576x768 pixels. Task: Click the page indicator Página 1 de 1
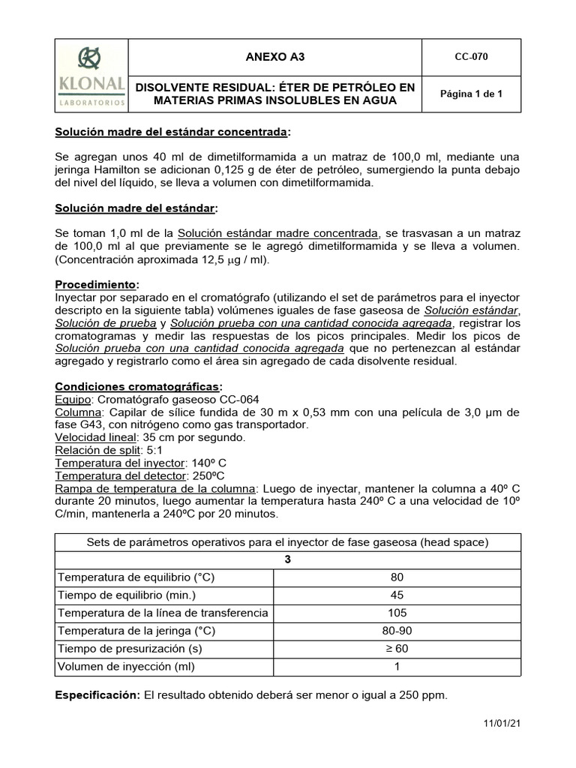click(x=471, y=94)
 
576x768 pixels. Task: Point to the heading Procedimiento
click(x=97, y=285)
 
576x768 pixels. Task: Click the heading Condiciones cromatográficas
click(x=138, y=385)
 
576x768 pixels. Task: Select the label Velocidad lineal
click(x=96, y=436)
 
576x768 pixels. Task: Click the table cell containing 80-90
click(x=396, y=631)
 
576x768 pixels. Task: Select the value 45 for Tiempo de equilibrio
click(x=396, y=595)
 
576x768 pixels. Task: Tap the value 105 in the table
click(x=396, y=613)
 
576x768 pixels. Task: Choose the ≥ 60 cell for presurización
click(x=396, y=649)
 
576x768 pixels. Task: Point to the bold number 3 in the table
click(x=287, y=559)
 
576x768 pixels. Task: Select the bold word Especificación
click(x=97, y=695)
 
